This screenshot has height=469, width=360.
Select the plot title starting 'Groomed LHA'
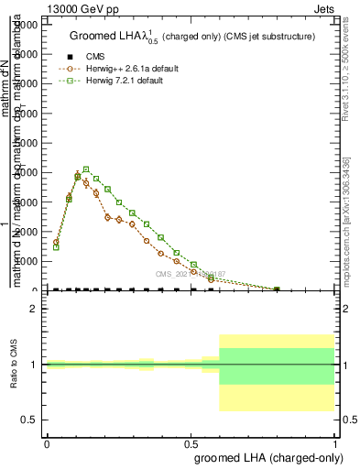point(192,37)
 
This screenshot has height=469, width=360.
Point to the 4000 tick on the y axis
point(32,172)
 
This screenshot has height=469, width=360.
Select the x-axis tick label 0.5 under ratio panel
point(191,444)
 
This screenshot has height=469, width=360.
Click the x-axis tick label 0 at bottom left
point(47,444)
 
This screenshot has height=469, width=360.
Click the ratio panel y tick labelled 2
point(33,310)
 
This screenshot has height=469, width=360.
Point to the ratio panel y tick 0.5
point(29,420)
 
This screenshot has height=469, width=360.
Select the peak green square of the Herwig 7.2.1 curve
point(86,169)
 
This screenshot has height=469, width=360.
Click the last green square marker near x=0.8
point(278,289)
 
